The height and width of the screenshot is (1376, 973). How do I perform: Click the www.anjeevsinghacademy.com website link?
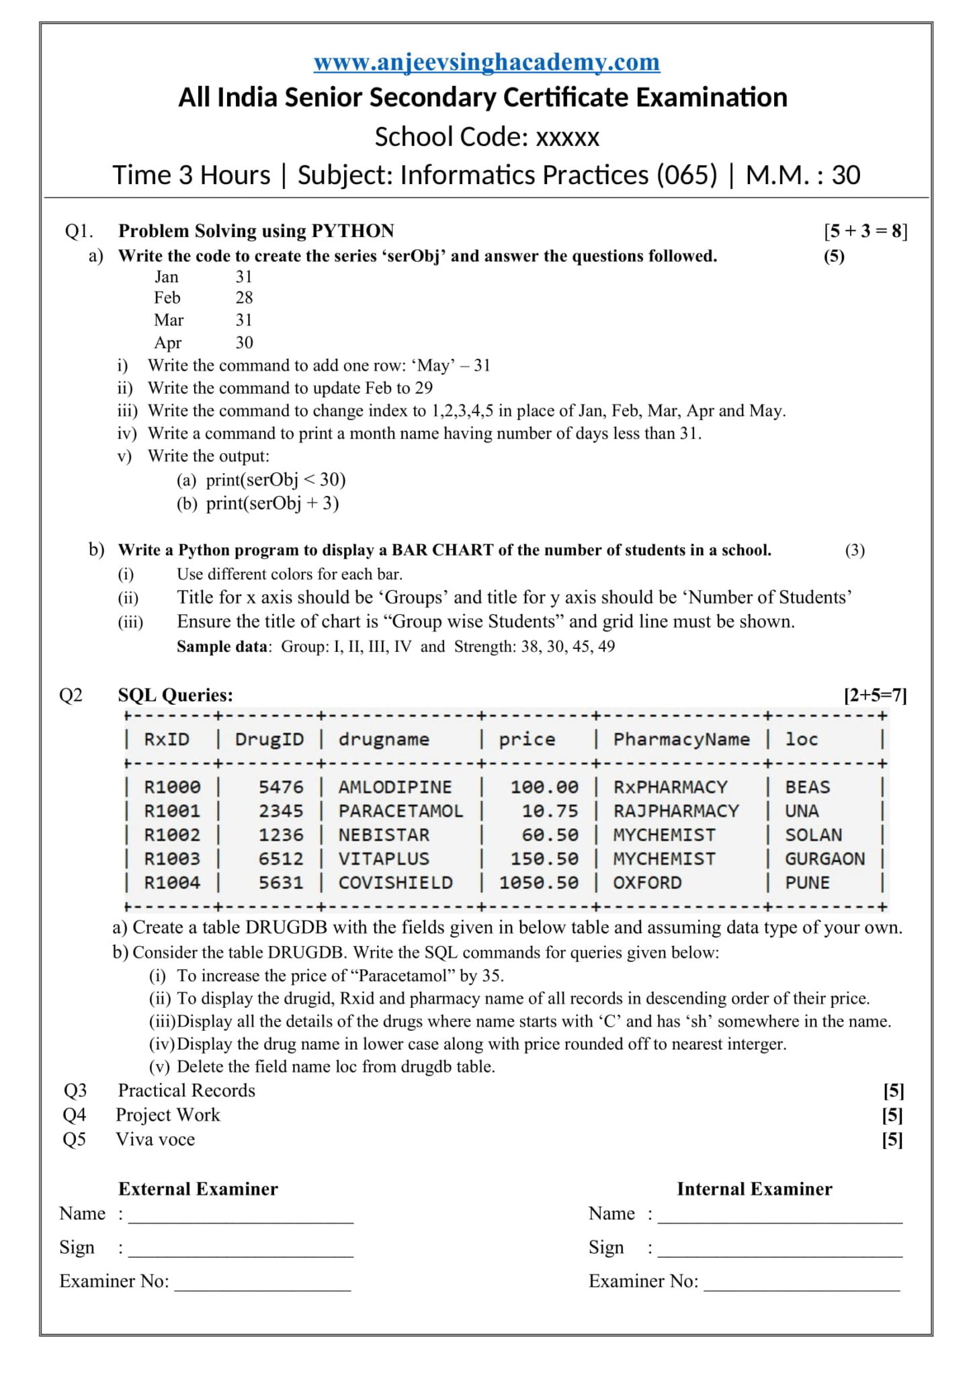[487, 62]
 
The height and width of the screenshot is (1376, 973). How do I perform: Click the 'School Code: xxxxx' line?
[487, 136]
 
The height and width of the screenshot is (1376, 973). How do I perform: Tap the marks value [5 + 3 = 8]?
[865, 230]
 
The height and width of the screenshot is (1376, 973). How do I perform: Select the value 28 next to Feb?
[244, 298]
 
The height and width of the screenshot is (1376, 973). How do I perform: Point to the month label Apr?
[167, 343]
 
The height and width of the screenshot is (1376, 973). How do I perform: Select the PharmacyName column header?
[681, 739]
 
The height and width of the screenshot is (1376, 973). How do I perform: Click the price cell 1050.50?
[538, 883]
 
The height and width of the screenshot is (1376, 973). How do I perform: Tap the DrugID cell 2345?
[281, 811]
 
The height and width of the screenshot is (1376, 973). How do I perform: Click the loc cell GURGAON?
[824, 859]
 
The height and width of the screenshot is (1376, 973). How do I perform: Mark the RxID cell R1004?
[172, 883]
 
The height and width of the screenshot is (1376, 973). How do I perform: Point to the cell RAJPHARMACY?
[675, 811]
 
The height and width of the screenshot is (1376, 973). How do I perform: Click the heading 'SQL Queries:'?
[175, 695]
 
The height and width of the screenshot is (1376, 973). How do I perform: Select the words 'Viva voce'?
[155, 1139]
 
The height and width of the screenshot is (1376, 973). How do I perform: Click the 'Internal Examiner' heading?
[754, 1189]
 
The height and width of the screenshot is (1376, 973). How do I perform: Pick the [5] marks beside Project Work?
[892, 1115]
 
